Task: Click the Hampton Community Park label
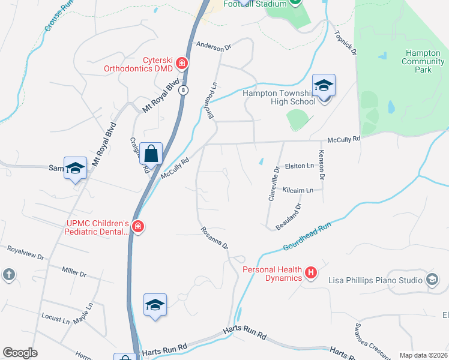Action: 423,61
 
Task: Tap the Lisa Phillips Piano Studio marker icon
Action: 432,280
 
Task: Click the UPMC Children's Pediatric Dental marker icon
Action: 138,227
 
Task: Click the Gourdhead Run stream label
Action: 307,237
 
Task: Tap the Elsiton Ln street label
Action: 300,166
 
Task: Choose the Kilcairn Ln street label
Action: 298,190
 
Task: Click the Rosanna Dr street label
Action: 215,238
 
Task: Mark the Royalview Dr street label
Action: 25,252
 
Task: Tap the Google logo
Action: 20,353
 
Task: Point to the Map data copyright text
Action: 423,355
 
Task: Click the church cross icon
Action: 8,275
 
